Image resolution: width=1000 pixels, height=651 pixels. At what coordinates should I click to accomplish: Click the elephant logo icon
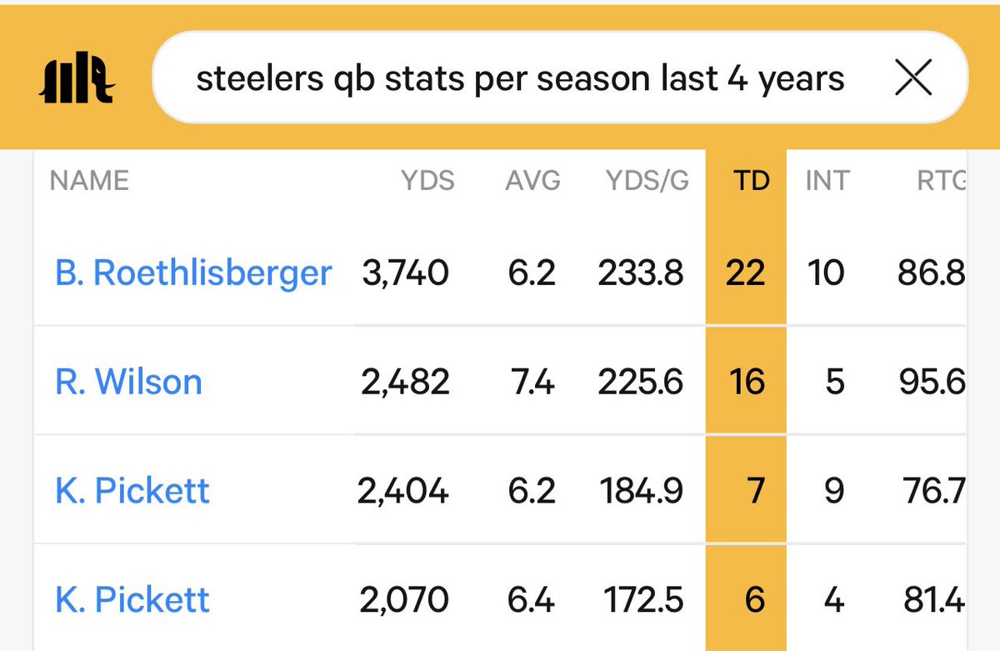click(x=76, y=80)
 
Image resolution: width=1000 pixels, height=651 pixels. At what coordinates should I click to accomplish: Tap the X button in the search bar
click(x=912, y=79)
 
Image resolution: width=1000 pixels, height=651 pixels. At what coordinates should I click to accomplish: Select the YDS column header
click(x=427, y=181)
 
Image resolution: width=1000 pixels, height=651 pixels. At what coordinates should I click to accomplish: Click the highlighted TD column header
click(x=751, y=181)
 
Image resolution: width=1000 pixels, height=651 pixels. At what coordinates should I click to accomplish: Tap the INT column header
click(x=826, y=181)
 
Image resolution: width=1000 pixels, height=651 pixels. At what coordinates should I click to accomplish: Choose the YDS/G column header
click(x=647, y=181)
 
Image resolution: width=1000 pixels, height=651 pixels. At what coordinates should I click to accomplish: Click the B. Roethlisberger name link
click(x=193, y=273)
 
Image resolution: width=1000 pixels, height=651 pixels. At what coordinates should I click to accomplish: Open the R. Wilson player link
click(x=128, y=382)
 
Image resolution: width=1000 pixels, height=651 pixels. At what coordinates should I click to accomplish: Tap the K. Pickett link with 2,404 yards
click(x=132, y=491)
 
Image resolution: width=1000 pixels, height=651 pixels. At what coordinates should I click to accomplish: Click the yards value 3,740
click(x=405, y=273)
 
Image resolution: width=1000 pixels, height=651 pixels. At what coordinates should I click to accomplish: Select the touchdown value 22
click(x=745, y=273)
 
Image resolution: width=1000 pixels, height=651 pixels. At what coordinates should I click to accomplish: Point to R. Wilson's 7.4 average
click(x=531, y=382)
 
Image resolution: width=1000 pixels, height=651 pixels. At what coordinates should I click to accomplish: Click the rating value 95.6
click(x=931, y=382)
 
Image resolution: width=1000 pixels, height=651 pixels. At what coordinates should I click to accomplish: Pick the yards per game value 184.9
click(x=641, y=491)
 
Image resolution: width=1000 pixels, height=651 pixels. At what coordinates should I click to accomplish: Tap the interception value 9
click(x=834, y=491)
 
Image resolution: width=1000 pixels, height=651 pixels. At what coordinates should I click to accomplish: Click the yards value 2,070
click(x=405, y=599)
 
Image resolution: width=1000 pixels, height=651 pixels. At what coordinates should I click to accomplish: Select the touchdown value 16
click(x=746, y=382)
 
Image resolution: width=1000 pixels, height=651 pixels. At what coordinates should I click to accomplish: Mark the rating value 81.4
click(x=932, y=599)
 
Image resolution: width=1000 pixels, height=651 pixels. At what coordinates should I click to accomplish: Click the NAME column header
click(x=89, y=181)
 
